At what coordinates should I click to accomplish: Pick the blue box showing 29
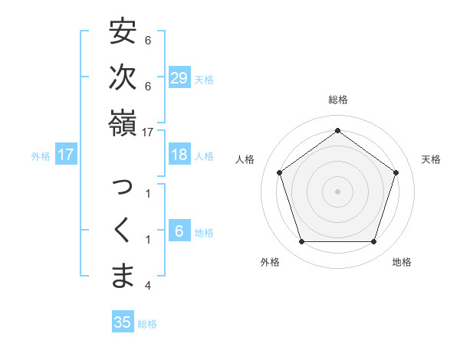coord(179,78)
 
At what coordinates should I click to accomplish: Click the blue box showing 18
coord(179,155)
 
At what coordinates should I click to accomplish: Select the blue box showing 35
coord(123,322)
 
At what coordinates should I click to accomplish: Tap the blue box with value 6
coord(179,231)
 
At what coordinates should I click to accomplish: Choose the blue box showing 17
coord(66,155)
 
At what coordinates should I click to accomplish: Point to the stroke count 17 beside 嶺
coord(148,133)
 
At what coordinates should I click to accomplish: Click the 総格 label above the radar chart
coord(337,100)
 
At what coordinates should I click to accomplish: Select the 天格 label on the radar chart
coord(431,159)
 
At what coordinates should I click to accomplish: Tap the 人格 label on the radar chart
coord(245,159)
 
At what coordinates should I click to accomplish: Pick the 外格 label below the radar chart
coord(270,262)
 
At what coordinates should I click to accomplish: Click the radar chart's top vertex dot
coord(337,131)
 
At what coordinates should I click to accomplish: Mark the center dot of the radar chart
coord(337,191)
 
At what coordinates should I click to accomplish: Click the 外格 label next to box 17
coord(41,155)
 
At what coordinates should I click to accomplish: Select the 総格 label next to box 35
coord(147,323)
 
